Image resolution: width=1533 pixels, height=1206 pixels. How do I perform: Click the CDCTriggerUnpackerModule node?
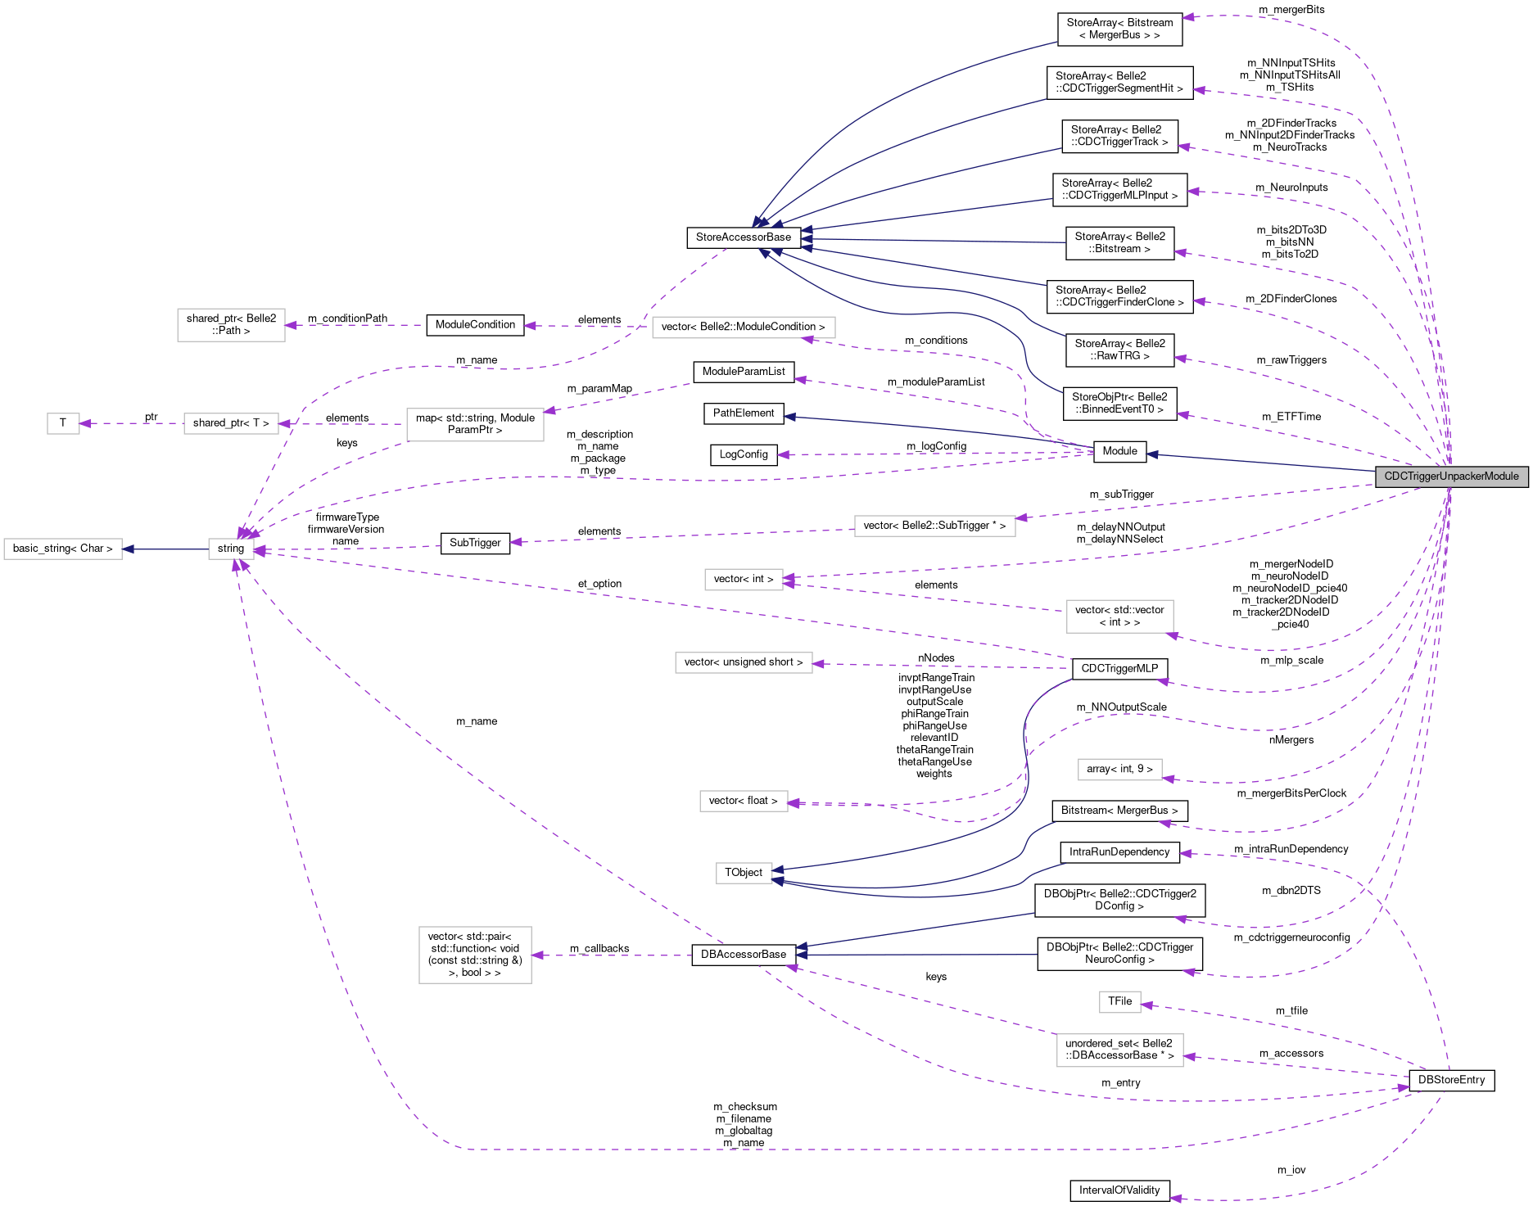tap(1451, 477)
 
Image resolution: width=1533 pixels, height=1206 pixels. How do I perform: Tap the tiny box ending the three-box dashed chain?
tap(63, 423)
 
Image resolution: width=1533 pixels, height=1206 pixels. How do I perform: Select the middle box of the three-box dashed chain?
tap(231, 423)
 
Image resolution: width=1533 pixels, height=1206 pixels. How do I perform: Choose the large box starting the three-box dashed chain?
tap(475, 424)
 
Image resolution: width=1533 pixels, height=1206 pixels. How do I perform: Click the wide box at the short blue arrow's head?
tap(63, 549)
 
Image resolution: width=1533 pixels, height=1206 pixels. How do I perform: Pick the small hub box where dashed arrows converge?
tap(231, 549)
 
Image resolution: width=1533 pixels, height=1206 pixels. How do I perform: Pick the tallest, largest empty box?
tap(475, 955)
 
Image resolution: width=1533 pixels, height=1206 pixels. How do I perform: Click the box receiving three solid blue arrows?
tap(744, 874)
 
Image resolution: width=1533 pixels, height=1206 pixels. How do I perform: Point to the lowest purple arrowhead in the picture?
tap(1175, 1199)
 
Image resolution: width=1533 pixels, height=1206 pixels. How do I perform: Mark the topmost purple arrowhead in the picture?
tap(1187, 16)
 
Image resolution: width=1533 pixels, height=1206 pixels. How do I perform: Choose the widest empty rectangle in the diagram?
tap(744, 327)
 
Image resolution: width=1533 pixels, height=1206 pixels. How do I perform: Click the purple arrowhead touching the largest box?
tap(538, 955)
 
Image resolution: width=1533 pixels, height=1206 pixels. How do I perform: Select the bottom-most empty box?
tap(1119, 1050)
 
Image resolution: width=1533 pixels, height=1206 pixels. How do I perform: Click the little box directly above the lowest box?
tap(1119, 1002)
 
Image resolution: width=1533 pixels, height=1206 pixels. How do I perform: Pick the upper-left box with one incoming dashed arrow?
tap(231, 325)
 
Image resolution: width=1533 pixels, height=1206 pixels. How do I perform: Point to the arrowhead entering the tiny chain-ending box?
tap(85, 423)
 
